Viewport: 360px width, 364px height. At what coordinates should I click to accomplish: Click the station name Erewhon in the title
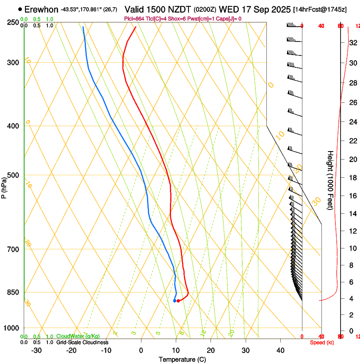(42, 9)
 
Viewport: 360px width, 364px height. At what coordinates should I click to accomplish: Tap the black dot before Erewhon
(20, 9)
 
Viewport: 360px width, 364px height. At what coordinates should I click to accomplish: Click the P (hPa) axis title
(4, 186)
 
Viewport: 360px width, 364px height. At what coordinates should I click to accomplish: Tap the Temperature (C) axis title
(182, 359)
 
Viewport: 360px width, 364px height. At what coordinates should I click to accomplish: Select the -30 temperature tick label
(36, 350)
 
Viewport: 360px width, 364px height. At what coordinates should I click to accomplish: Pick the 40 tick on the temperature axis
(280, 350)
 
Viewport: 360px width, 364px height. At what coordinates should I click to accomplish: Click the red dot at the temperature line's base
(178, 301)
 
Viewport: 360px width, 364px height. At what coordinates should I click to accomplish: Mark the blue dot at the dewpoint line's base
(174, 301)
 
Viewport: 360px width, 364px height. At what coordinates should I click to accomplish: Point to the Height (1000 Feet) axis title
(330, 180)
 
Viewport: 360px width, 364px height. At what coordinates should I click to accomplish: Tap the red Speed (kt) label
(322, 342)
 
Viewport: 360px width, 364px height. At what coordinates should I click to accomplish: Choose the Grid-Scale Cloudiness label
(82, 342)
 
